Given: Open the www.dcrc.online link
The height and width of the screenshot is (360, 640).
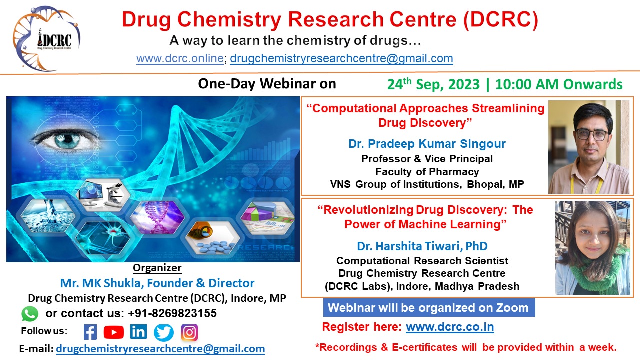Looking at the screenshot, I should pos(180,58).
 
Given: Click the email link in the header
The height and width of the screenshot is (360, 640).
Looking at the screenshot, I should pos(341,58).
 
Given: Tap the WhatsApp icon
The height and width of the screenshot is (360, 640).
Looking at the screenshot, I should pos(30,314).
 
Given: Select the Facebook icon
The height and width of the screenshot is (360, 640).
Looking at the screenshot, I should pos(90,332).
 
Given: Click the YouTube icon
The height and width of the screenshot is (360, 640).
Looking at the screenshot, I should pos(114,332).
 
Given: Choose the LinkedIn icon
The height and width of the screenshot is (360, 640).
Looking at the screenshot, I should pos(138,332).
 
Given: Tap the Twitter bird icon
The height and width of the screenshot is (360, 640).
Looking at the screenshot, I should pos(164,332).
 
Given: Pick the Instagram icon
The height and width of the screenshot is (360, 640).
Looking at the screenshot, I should pos(189,332).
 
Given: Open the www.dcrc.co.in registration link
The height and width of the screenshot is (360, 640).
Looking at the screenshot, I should pos(450,327).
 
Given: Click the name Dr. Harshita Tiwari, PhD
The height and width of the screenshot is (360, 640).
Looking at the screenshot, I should pos(422,246).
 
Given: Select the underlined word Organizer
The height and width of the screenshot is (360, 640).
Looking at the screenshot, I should pos(157,268).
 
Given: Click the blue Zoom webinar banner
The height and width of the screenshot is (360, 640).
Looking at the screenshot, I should pos(429,308).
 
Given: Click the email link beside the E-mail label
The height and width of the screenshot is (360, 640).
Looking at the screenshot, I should pos(160,349).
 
